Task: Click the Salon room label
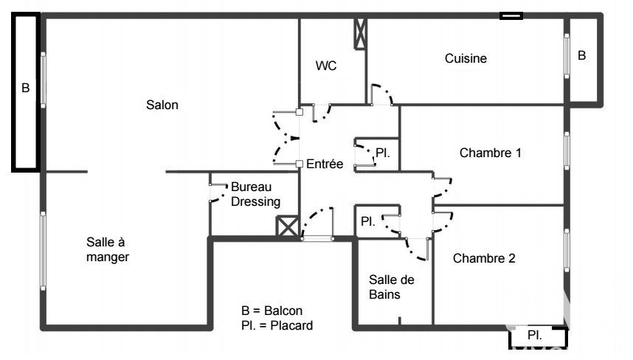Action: pyautogui.click(x=162, y=105)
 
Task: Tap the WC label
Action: pyautogui.click(x=326, y=66)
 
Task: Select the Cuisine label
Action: pyautogui.click(x=466, y=58)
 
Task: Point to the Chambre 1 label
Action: pyautogui.click(x=491, y=153)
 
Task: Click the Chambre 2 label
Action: pyautogui.click(x=484, y=258)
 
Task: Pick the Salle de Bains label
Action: pyautogui.click(x=391, y=287)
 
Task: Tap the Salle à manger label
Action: pyautogui.click(x=108, y=249)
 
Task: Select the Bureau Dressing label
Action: pyautogui.click(x=255, y=194)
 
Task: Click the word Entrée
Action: pyautogui.click(x=325, y=164)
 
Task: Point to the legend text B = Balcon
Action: pyautogui.click(x=271, y=311)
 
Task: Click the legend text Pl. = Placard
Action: pyautogui.click(x=277, y=325)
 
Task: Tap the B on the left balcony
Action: pyautogui.click(x=25, y=88)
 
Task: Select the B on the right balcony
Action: pyautogui.click(x=582, y=55)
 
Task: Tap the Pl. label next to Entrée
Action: pyautogui.click(x=383, y=153)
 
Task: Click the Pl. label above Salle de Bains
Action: pyautogui.click(x=367, y=221)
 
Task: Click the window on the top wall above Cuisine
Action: pyautogui.click(x=511, y=15)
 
